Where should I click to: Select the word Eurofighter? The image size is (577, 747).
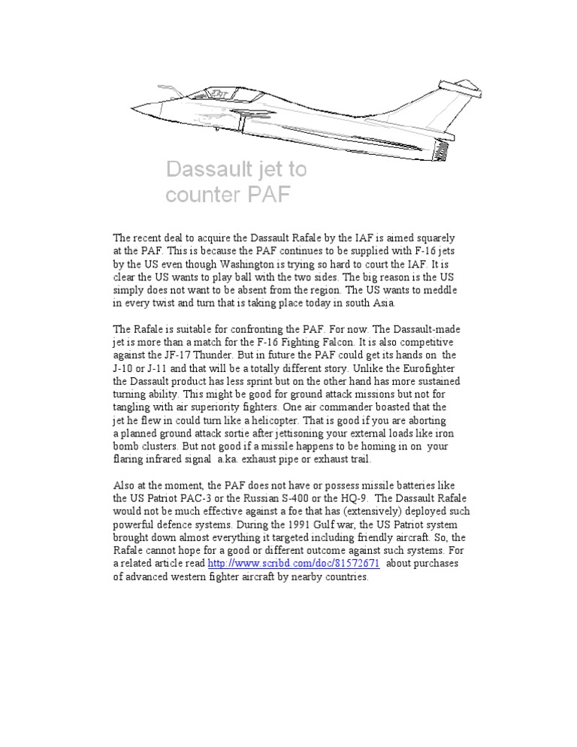pos(427,368)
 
